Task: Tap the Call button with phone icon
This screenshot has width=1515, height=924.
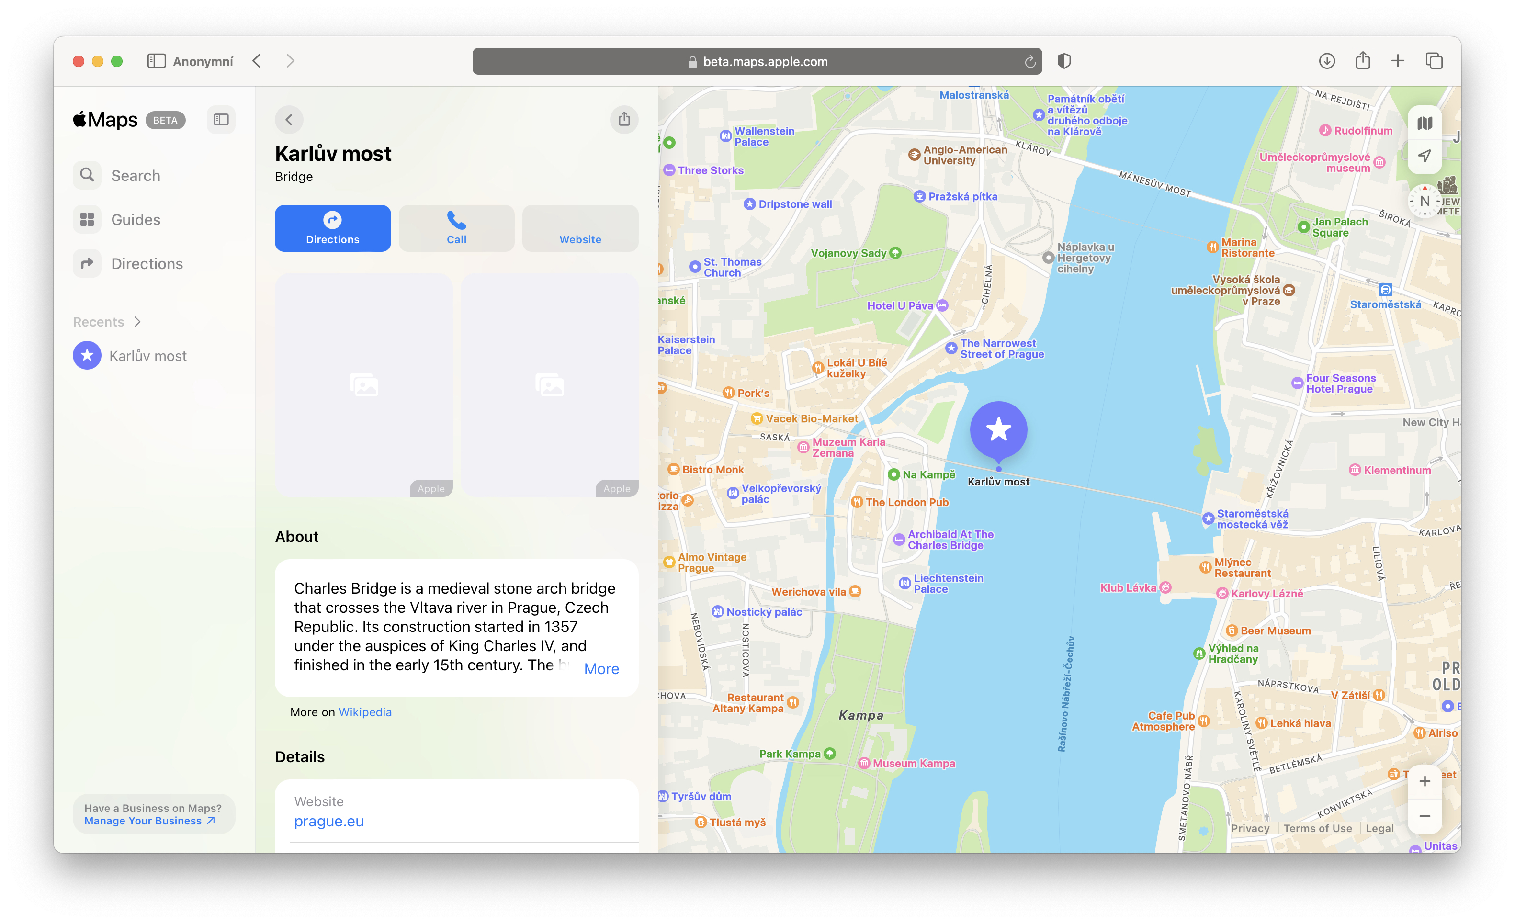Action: pyautogui.click(x=456, y=228)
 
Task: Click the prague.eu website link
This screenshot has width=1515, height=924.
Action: pyautogui.click(x=328, y=822)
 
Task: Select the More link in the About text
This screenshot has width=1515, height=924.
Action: pyautogui.click(x=601, y=669)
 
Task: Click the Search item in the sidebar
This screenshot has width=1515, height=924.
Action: pyautogui.click(x=135, y=176)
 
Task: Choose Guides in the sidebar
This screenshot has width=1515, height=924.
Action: pyautogui.click(x=135, y=219)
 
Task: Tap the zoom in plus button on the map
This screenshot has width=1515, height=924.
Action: pyautogui.click(x=1424, y=781)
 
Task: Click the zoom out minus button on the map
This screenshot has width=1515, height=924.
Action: pyautogui.click(x=1424, y=816)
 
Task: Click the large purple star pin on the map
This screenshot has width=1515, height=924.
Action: pyautogui.click(x=998, y=430)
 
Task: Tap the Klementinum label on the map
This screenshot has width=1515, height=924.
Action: pyautogui.click(x=1396, y=470)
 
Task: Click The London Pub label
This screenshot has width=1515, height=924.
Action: pyautogui.click(x=906, y=502)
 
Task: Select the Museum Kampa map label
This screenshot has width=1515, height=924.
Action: pyautogui.click(x=913, y=764)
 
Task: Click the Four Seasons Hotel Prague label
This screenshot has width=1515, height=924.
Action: pyautogui.click(x=1340, y=383)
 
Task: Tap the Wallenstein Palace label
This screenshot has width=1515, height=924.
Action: pyautogui.click(x=764, y=136)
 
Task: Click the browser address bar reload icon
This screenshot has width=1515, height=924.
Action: pyautogui.click(x=1030, y=61)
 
